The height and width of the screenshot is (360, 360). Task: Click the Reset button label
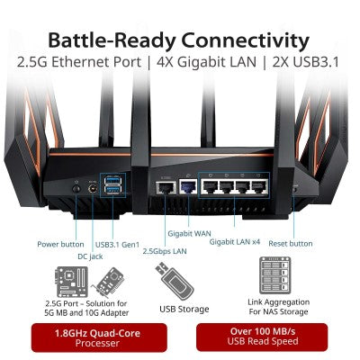pyautogui.click(x=290, y=244)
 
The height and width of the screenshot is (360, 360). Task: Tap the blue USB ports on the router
pyautogui.click(x=112, y=185)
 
